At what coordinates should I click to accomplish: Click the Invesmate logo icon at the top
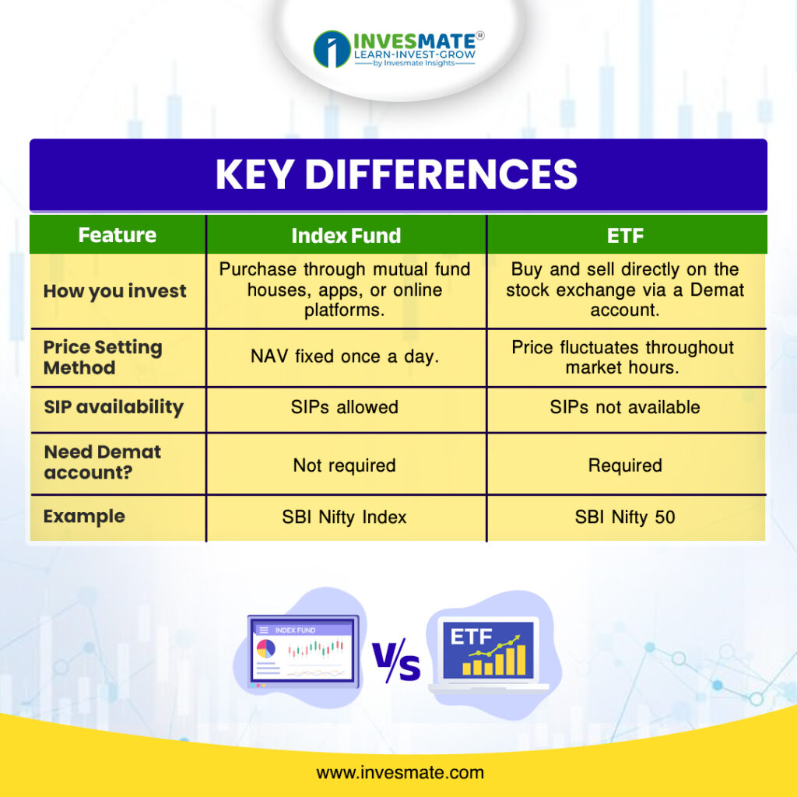(332, 49)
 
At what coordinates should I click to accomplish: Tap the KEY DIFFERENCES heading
(396, 174)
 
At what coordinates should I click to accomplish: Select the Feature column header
(118, 235)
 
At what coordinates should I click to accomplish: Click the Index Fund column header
(346, 235)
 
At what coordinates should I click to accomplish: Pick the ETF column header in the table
(625, 235)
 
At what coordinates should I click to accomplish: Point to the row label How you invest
(115, 291)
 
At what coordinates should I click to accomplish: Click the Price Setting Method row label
(103, 356)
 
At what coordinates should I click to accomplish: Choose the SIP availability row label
(114, 407)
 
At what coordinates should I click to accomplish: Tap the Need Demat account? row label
(103, 462)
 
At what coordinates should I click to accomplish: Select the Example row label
(84, 517)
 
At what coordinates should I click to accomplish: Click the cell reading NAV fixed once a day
(345, 356)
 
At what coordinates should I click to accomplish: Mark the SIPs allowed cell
(345, 407)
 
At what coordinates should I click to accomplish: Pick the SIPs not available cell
(625, 407)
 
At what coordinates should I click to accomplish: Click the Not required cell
(345, 465)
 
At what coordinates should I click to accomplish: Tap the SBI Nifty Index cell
(345, 517)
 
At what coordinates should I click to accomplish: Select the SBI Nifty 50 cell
(625, 517)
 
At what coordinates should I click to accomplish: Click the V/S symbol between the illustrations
(396, 660)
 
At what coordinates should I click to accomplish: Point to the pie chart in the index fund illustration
(266, 649)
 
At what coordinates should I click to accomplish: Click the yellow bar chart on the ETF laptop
(493, 660)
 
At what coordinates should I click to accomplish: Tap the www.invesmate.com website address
(400, 773)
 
